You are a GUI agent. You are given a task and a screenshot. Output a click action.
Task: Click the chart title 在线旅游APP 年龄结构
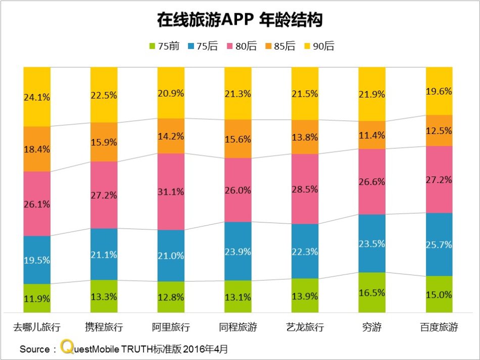240,20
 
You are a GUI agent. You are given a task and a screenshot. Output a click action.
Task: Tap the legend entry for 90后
318,47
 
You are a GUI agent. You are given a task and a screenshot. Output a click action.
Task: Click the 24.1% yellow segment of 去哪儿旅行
37,97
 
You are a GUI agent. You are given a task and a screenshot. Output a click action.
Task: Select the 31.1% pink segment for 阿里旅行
171,192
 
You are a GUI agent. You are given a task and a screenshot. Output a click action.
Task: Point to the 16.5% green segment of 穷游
372,292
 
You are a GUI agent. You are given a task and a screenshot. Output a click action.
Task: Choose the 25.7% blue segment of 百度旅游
439,244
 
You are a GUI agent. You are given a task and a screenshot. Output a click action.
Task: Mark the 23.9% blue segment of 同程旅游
238,251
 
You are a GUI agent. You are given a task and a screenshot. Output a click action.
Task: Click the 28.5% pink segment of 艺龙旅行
305,189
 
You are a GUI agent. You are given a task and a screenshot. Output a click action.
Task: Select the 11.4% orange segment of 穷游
372,135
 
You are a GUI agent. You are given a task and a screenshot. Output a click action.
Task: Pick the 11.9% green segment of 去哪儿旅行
37,298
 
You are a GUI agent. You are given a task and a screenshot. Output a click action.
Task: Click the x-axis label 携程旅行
104,327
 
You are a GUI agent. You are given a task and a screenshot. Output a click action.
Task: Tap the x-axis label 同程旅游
238,327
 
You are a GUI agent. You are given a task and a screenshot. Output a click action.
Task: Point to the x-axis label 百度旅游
439,327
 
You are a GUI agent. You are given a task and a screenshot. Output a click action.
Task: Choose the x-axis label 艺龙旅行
305,327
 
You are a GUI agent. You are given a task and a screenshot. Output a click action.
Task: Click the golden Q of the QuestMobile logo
66,347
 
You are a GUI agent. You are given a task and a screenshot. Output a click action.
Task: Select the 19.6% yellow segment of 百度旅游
439,92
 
